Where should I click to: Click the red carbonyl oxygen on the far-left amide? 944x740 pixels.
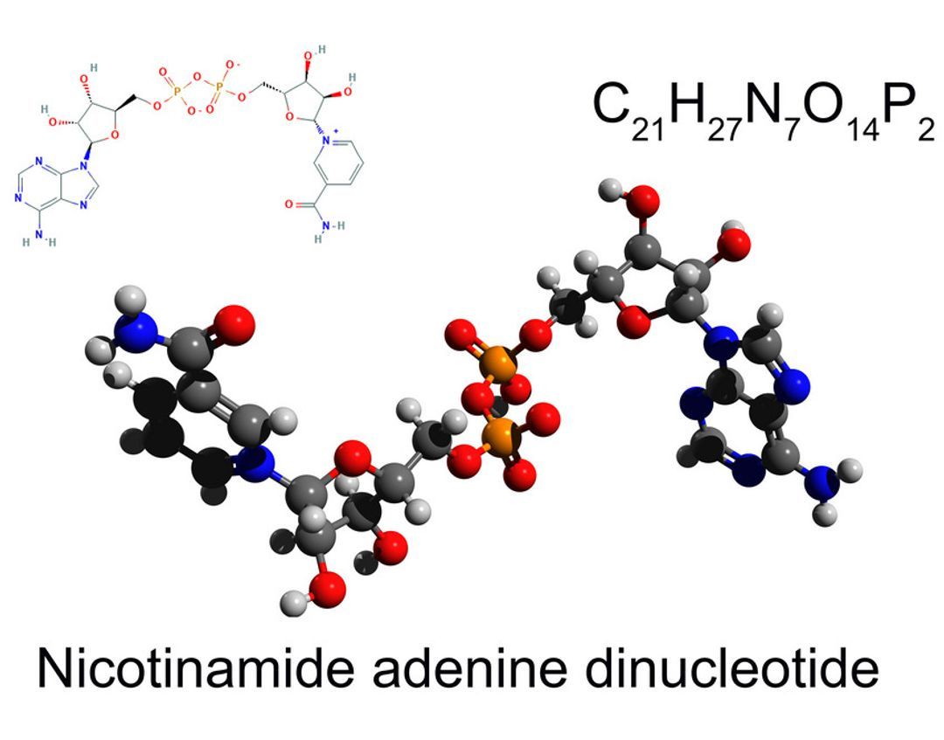click(x=237, y=325)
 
